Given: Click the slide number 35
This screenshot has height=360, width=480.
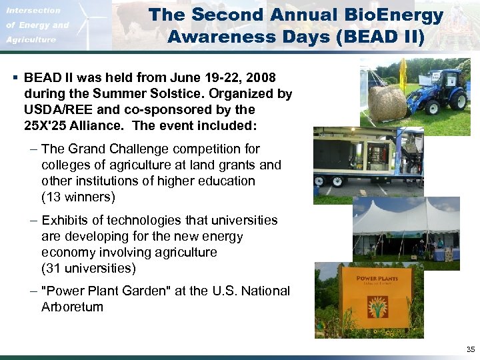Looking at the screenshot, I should click(x=471, y=349).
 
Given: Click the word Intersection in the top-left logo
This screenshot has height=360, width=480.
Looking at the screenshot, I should click(x=33, y=11).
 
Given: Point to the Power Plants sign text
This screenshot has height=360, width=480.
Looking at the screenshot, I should click(x=377, y=278).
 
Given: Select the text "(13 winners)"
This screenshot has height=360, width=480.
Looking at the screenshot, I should click(x=78, y=197).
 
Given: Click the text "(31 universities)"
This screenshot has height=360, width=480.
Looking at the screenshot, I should click(x=88, y=269).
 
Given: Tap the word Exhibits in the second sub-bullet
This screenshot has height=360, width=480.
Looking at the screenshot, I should click(x=65, y=221).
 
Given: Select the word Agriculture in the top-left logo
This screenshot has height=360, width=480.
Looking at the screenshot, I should click(x=31, y=40).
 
